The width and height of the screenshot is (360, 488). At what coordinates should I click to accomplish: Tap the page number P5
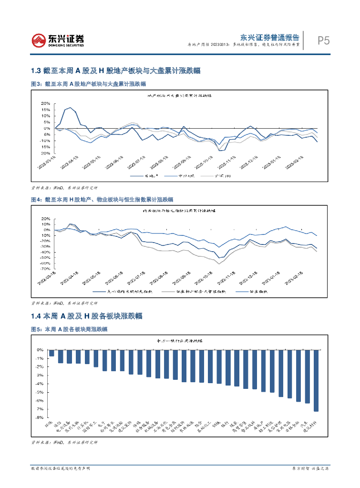click(324, 41)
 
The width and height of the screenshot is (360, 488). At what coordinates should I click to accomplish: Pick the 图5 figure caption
click(69, 329)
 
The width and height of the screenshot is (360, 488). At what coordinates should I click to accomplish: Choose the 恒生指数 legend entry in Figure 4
click(257, 292)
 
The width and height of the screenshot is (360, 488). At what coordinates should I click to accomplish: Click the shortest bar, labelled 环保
click(52, 353)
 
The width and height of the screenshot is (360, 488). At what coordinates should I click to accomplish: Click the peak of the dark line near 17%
click(71, 108)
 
